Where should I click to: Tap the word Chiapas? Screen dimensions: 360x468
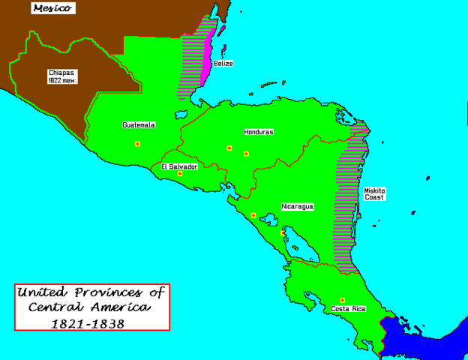pyautogui.click(x=62, y=72)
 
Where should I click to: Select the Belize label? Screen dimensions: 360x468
pyautogui.click(x=223, y=64)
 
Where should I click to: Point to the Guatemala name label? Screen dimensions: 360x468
pyautogui.click(x=139, y=125)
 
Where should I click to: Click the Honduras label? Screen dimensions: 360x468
pyautogui.click(x=258, y=132)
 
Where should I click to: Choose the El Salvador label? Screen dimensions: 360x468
pyautogui.click(x=179, y=166)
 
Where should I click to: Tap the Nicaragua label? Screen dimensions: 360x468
pyautogui.click(x=297, y=205)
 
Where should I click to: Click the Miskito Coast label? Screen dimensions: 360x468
pyautogui.click(x=376, y=194)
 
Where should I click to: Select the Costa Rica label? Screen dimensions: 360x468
pyautogui.click(x=349, y=309)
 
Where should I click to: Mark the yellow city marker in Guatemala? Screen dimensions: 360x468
pyautogui.click(x=137, y=144)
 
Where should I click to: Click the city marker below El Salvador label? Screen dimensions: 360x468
pyautogui.click(x=180, y=174)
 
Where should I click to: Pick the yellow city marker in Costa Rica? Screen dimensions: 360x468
pyautogui.click(x=343, y=300)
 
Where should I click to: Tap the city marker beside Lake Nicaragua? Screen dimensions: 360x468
pyautogui.click(x=283, y=233)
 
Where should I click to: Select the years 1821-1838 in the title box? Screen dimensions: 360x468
pyautogui.click(x=88, y=324)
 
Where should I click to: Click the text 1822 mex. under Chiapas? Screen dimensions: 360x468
pyautogui.click(x=62, y=79)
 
